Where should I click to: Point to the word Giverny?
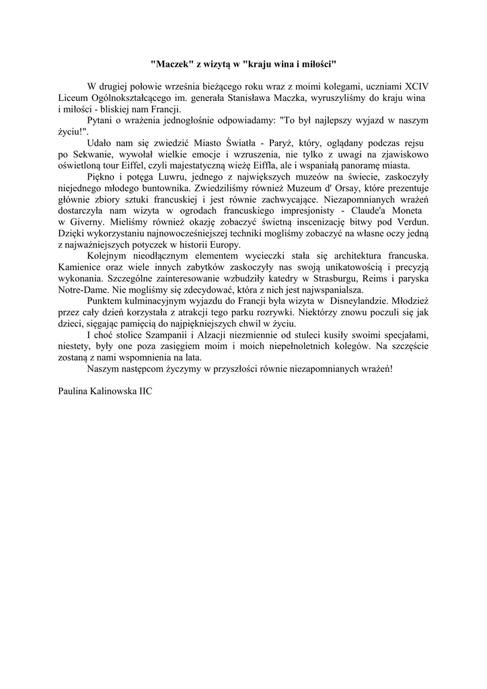point(85,223)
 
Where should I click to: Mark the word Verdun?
point(412,223)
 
